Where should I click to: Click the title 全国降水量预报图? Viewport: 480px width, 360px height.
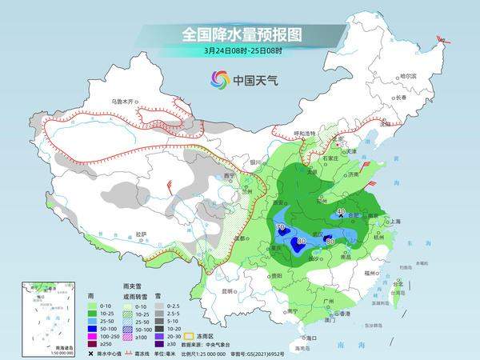[x=239, y=34]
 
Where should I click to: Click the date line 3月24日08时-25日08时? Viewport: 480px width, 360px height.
[x=239, y=53]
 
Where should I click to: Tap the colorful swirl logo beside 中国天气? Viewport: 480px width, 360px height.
[x=219, y=79]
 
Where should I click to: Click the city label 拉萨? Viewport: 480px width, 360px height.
[x=141, y=234]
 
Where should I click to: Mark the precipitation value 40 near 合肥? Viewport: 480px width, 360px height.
[x=342, y=211]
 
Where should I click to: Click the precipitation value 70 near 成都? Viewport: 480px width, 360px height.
[x=280, y=229]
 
